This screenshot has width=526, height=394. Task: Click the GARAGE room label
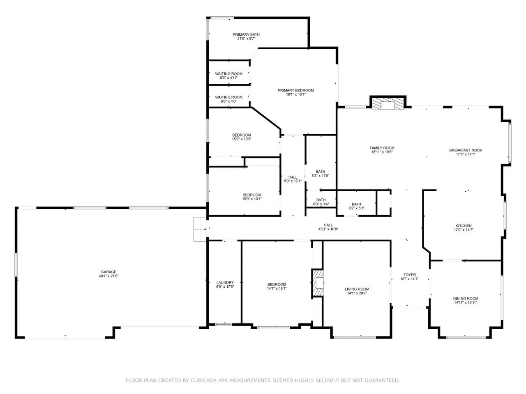point(108,272)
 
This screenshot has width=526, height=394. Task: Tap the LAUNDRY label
point(225,282)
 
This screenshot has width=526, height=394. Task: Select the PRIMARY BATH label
point(246,34)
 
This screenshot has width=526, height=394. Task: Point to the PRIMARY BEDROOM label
point(296,90)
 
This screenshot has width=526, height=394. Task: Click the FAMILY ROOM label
point(382,148)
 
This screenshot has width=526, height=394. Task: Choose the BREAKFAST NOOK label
point(465,150)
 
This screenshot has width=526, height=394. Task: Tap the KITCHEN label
point(464,226)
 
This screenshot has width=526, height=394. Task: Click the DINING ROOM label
point(465,298)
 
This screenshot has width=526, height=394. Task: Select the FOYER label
point(410,275)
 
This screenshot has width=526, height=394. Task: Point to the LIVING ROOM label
point(357,289)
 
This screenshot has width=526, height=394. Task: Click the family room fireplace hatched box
point(388,103)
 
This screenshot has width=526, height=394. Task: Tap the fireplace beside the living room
point(318,284)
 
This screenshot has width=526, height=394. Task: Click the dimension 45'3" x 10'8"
point(328,229)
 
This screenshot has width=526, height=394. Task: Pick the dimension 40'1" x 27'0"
point(108,276)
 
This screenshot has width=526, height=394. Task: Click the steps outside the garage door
point(200,229)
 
